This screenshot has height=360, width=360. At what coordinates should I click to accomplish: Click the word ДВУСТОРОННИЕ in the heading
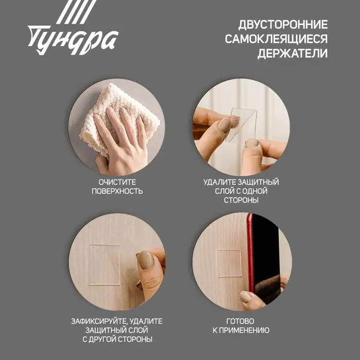tap(283, 24)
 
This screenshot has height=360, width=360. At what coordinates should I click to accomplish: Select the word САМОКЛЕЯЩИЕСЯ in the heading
tap(276, 39)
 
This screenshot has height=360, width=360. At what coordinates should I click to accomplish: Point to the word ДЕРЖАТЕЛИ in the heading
tap(292, 54)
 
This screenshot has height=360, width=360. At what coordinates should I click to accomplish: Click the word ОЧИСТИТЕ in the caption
tap(117, 182)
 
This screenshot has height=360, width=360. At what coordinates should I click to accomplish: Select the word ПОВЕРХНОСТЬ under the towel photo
tap(117, 191)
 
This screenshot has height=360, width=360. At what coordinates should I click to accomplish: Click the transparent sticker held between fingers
tap(242, 123)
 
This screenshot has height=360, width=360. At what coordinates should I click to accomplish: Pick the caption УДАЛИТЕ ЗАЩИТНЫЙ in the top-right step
tap(241, 182)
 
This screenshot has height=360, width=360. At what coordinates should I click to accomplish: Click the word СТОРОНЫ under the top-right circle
tap(241, 201)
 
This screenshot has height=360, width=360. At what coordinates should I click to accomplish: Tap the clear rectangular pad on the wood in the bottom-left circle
tap(104, 263)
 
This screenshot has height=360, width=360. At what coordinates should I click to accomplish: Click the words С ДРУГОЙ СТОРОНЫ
tap(117, 339)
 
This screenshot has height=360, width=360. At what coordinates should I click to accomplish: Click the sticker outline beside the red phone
tap(229, 263)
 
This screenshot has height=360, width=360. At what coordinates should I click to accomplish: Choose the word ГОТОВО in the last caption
tap(241, 321)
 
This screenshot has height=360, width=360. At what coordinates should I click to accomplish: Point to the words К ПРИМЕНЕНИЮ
tap(241, 330)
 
